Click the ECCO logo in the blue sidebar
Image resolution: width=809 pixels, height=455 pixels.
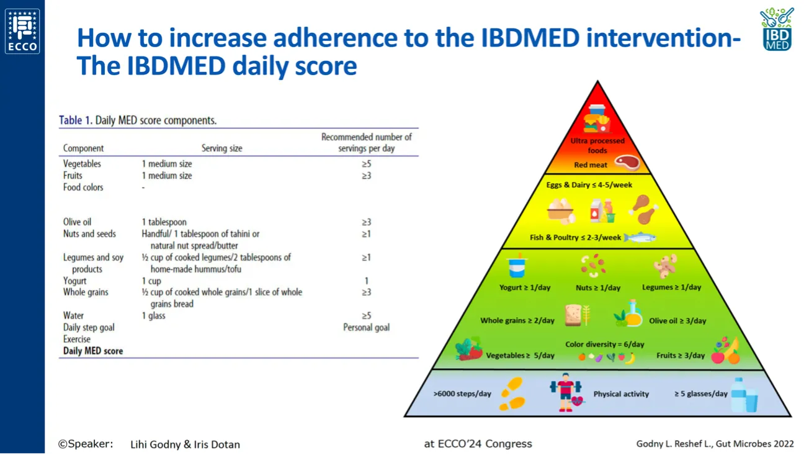tap(22, 31)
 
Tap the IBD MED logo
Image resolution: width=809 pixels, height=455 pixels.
tap(777, 29)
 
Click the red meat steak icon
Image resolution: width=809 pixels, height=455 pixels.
tap(627, 163)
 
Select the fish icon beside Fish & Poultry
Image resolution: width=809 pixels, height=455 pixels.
tap(640, 237)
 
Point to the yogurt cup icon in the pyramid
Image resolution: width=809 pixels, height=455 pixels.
tap(517, 267)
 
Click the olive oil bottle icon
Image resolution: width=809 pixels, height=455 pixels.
tap(632, 313)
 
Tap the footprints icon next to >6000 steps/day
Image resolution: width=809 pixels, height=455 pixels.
tap(512, 394)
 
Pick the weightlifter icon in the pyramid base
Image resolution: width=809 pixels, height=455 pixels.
tap(565, 392)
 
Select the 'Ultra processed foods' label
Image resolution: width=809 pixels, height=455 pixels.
tap(597, 145)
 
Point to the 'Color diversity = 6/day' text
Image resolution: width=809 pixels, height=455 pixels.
tap(604, 344)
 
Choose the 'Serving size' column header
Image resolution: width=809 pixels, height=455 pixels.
tap(221, 148)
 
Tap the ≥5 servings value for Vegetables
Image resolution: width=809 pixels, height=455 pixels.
tap(366, 164)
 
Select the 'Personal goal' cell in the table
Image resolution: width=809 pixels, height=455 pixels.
tap(366, 327)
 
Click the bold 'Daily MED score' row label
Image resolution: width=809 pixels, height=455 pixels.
tap(93, 351)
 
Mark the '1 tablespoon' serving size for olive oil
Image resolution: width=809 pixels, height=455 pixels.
tap(164, 222)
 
